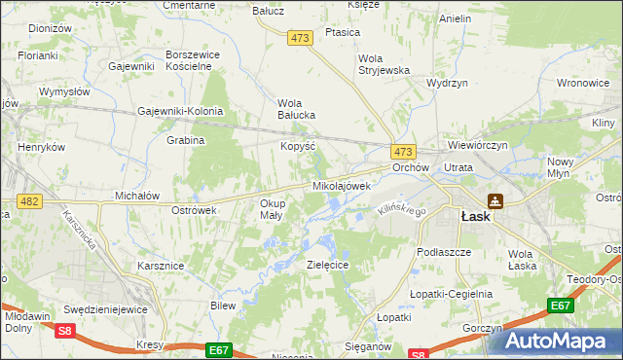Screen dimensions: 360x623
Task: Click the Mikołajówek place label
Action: [341, 186]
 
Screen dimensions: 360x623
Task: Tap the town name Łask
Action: [475, 218]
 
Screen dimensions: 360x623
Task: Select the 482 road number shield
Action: [29, 200]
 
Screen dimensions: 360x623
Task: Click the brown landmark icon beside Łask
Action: [495, 201]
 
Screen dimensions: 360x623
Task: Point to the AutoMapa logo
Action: [558, 340]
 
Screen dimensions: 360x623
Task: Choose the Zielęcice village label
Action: [327, 265]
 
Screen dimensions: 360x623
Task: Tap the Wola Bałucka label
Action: [298, 109]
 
